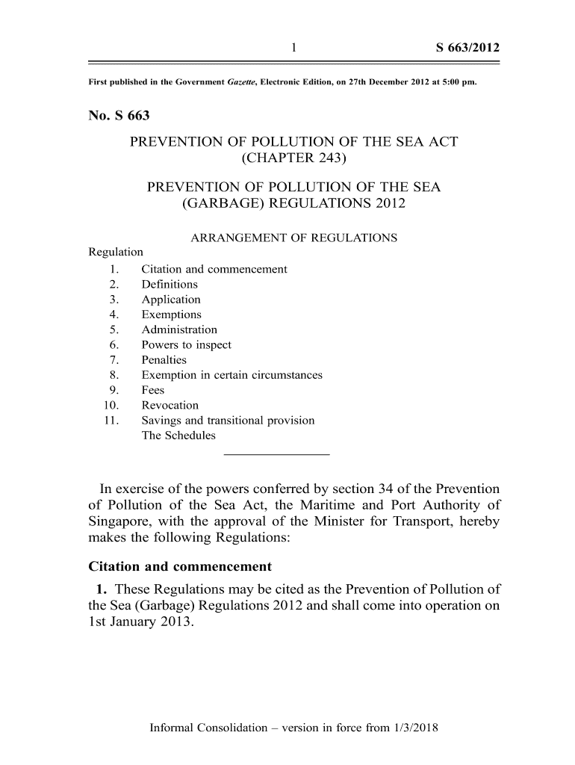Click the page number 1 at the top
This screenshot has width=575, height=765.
click(294, 49)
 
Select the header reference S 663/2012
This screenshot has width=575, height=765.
click(467, 49)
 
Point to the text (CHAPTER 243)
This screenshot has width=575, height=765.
click(294, 158)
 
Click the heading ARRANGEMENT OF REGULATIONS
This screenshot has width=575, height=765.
click(294, 238)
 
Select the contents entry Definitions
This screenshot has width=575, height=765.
click(170, 285)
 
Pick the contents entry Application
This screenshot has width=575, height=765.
click(171, 300)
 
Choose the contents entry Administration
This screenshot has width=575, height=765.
click(179, 329)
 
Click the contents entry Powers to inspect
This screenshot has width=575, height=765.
click(186, 345)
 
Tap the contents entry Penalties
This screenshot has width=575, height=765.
click(164, 360)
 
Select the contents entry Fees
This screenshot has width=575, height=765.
click(152, 390)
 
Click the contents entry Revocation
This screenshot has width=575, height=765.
click(170, 406)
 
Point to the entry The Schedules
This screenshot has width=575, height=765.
click(178, 436)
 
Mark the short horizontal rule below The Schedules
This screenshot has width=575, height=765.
click(276, 454)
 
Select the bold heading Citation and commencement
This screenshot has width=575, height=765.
click(179, 566)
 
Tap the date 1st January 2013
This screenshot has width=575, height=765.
click(140, 622)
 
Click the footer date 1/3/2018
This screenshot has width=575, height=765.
click(413, 727)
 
